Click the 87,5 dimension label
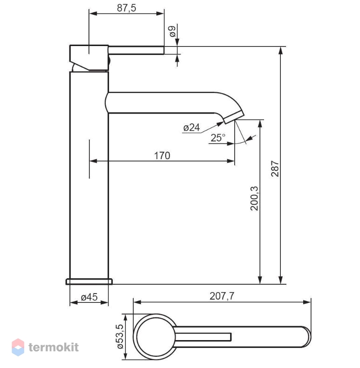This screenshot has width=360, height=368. (x=126, y=8)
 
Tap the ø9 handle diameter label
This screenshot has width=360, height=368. (x=172, y=31)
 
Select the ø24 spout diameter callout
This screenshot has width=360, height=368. (x=191, y=127)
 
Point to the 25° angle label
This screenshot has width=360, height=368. (x=218, y=138)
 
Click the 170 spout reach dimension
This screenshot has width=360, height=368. (x=162, y=155)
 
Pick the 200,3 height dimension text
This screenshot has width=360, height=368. (x=254, y=198)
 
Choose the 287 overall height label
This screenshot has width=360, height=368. (x=275, y=168)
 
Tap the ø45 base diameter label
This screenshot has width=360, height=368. (x=89, y=297)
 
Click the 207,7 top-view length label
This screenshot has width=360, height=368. (x=222, y=296)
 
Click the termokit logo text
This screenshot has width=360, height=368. (x=54, y=347)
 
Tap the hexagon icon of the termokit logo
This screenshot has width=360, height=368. (x=18, y=348)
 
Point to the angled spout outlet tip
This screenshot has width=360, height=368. (x=234, y=118)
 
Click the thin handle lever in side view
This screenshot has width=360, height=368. (x=136, y=50)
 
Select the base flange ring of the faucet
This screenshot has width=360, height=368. (x=89, y=281)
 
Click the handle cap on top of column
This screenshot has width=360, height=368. (x=89, y=58)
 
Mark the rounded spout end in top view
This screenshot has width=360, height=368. (x=307, y=337)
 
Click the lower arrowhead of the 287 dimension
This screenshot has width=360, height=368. (x=280, y=280)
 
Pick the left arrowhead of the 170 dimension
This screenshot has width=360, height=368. (x=93, y=161)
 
